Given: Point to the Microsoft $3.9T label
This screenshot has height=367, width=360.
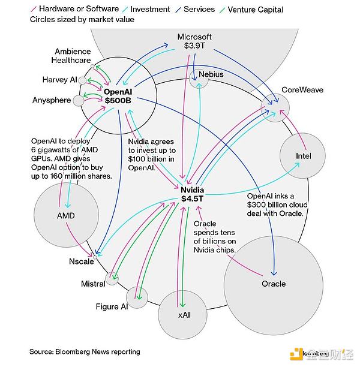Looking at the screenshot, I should click(x=194, y=41).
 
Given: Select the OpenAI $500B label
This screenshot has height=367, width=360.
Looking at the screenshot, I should click(x=118, y=97).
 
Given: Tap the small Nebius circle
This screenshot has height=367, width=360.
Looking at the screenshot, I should click(x=199, y=78).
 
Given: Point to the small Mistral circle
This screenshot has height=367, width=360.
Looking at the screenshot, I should click(x=112, y=278).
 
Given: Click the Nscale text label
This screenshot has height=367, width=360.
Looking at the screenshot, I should click(x=80, y=262).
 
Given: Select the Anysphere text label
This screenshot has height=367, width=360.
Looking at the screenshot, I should click(x=52, y=100).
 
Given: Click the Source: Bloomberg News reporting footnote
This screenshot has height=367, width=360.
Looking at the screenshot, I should click(x=85, y=351).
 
